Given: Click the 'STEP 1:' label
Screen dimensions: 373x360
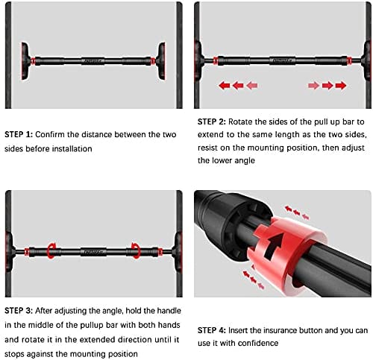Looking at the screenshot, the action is coord(19,134).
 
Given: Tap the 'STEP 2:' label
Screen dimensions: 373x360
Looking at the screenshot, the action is coord(212,121).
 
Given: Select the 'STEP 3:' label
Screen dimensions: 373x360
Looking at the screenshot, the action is coord(19,311).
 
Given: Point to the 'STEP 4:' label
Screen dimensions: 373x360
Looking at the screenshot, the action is coord(212,330).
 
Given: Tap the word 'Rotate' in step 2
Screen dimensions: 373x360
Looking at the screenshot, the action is coord(241,121).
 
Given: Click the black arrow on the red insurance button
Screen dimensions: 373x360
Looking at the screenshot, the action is coord(275,245).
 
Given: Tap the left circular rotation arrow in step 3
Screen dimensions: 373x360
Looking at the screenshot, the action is coord(51,251).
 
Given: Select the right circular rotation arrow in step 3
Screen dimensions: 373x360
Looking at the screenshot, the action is coord(136,251).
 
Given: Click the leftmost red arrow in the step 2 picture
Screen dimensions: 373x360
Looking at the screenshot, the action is coord(225,86).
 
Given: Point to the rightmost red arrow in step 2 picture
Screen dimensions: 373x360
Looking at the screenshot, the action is coord(341,86).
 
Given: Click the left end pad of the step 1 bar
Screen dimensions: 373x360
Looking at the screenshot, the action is coord(25,61).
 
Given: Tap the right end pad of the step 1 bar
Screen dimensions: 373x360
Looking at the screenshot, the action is coord(160,61).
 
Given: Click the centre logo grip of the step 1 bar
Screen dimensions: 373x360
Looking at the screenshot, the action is coord(93,61).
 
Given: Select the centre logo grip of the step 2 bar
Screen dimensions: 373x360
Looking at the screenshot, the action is coord(282,60).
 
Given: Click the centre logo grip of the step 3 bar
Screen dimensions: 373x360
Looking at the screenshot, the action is coord(93,252).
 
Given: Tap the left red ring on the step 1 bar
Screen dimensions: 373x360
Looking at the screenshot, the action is coord(33,61).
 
